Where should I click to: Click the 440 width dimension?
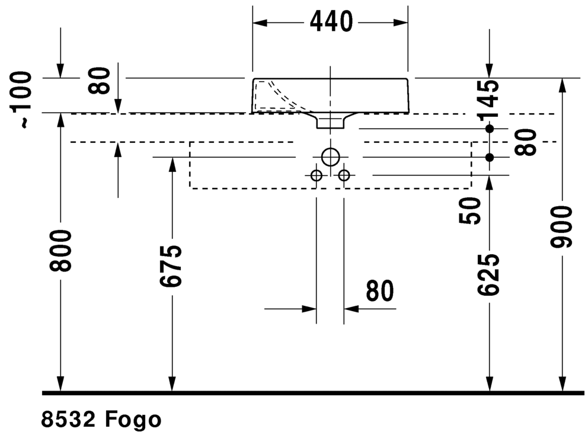click(331, 22)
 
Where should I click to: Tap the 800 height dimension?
click(60, 251)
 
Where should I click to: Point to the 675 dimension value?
click(171, 266)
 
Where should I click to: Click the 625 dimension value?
click(488, 274)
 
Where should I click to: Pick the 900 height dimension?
click(561, 226)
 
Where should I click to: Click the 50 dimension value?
click(470, 211)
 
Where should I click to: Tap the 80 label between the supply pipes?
click(380, 290)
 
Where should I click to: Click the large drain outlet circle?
click(330, 157)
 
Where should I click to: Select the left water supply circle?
click(317, 175)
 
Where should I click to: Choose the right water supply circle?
click(344, 175)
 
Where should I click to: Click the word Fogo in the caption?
click(133, 420)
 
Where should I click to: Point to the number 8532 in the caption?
click(68, 419)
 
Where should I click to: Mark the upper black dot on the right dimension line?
click(490, 129)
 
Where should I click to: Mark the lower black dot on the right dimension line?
click(490, 158)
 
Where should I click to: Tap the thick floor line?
click(313, 393)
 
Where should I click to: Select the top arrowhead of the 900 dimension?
click(562, 86)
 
